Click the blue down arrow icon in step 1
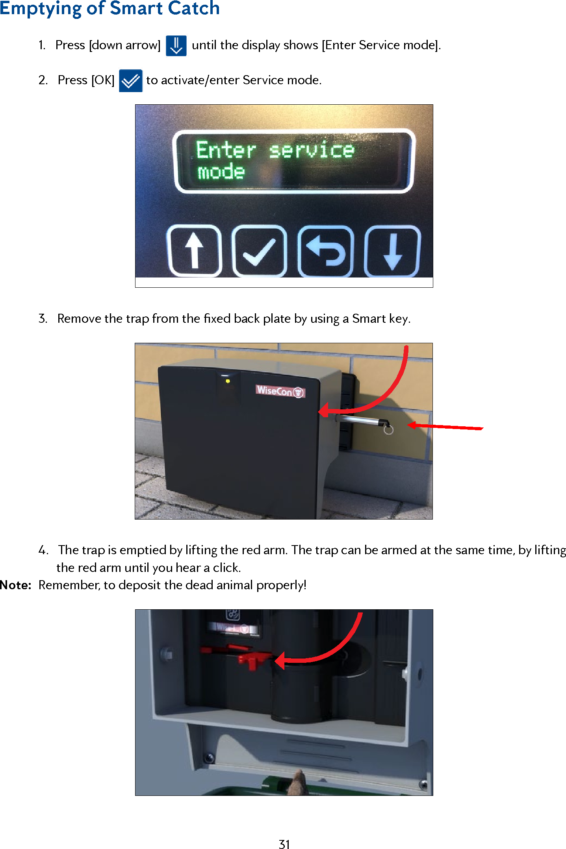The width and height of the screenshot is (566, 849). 176,46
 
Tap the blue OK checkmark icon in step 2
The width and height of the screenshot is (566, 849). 130,81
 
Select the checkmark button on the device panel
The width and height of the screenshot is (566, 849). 259,252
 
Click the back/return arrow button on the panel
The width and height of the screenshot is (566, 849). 326,252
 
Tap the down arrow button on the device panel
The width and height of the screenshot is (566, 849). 392,252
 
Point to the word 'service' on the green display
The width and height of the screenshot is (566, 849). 312,150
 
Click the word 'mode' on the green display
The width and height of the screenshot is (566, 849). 221,172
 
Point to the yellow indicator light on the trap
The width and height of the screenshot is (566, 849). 228,381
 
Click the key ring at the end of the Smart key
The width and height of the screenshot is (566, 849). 388,430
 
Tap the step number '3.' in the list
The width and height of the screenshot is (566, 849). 43,318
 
